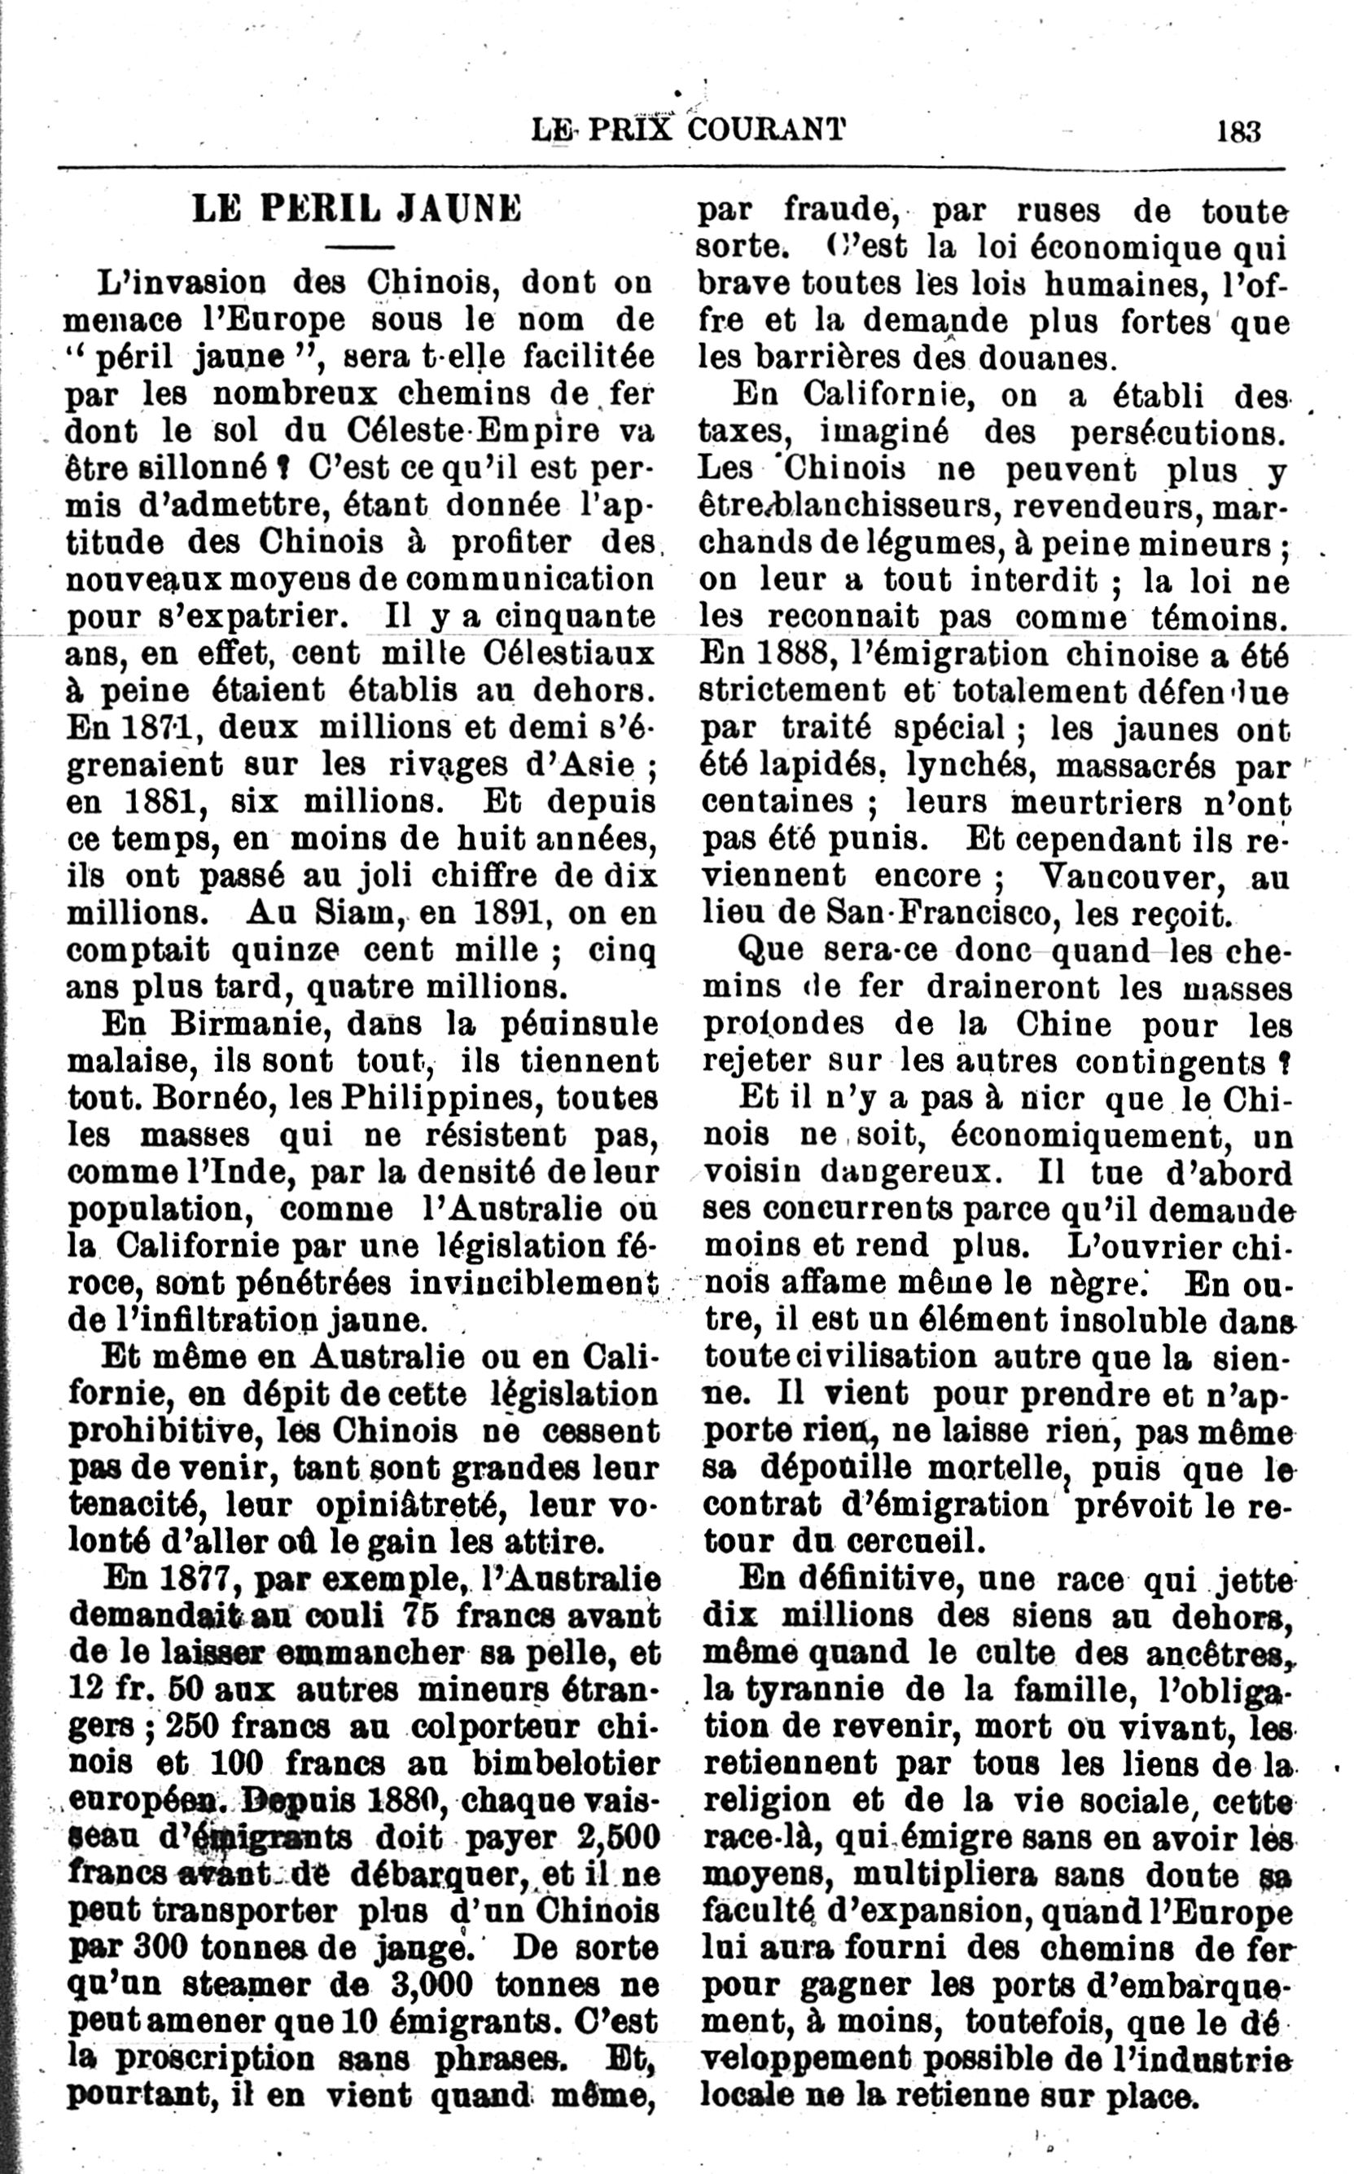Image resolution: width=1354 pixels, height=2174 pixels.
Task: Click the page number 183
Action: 1238,132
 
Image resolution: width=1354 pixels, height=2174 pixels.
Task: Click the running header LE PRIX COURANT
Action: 687,132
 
